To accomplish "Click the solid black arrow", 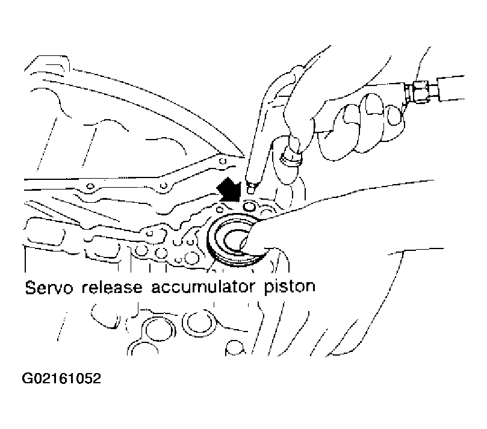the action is point(229,190).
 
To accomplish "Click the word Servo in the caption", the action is point(49,287).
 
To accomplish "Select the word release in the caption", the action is point(112,287).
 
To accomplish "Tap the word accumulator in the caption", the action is point(202,287).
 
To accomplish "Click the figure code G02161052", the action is point(61,378).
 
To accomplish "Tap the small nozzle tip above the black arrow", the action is point(250,188).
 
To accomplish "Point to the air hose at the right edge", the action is point(451,88).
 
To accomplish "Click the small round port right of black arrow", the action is point(249,206).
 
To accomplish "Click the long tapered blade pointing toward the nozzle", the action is point(140,109).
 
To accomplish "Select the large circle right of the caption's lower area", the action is point(195,323).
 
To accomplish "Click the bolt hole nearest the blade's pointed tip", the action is point(222,161).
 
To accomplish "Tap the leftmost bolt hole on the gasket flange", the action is point(90,187).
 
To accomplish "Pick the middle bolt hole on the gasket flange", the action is point(164,186).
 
